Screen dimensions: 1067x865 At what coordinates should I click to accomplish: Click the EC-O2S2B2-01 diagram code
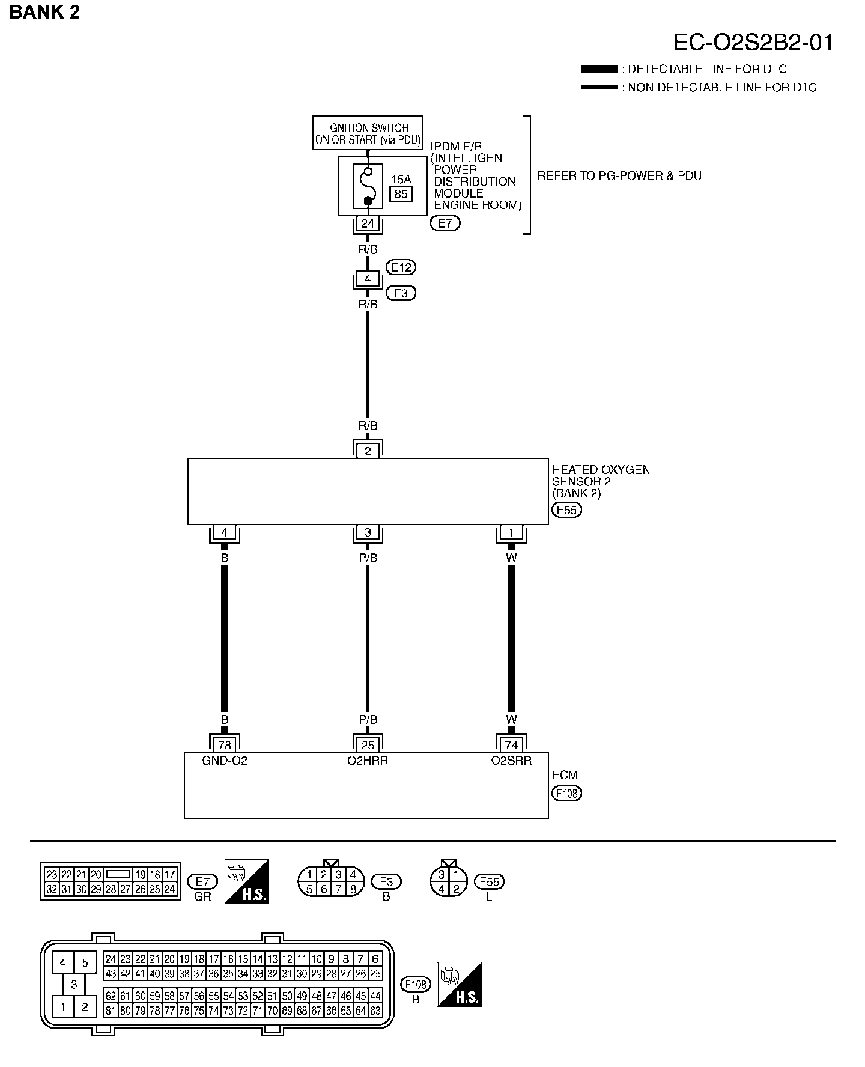[x=753, y=43]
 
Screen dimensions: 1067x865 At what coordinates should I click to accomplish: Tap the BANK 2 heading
[x=44, y=11]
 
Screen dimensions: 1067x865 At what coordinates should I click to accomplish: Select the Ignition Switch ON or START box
[x=368, y=133]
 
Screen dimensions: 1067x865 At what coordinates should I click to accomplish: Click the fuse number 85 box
[x=401, y=193]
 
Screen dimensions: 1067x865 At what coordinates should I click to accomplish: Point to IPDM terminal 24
[x=368, y=224]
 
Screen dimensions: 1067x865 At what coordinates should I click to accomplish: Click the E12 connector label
[x=401, y=267]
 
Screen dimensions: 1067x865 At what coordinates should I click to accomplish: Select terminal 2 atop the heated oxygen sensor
[x=368, y=451]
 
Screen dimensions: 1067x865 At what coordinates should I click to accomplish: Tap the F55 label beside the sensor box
[x=566, y=511]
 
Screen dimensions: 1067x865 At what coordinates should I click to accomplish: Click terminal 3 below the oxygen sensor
[x=368, y=532]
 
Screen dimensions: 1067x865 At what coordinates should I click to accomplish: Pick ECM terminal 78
[x=225, y=745]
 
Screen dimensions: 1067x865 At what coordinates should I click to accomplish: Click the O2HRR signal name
[x=368, y=761]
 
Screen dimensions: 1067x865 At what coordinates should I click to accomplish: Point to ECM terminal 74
[x=511, y=745]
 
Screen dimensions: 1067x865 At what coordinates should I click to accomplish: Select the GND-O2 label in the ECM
[x=225, y=761]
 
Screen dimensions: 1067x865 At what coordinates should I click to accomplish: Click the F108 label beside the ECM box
[x=566, y=793]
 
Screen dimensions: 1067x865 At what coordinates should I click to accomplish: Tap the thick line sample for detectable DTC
[x=599, y=69]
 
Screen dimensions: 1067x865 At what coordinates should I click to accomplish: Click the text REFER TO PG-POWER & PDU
[x=621, y=176]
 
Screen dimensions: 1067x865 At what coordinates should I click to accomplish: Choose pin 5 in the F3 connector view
[x=309, y=889]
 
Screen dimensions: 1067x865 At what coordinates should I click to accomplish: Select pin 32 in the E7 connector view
[x=52, y=889]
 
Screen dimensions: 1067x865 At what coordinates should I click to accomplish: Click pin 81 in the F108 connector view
[x=111, y=1011]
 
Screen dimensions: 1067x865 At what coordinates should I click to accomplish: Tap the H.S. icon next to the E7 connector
[x=246, y=881]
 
